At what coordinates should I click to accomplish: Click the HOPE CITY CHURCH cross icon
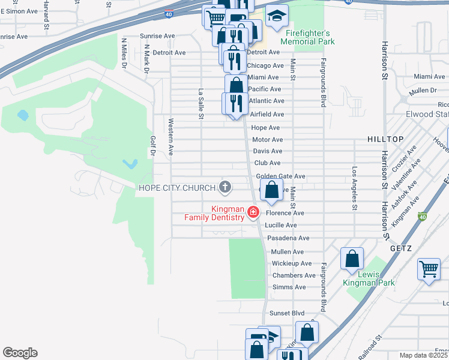point(225,188)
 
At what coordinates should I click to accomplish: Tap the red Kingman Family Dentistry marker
point(253,212)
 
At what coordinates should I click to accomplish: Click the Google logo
point(20,353)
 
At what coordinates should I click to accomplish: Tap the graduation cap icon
point(277,17)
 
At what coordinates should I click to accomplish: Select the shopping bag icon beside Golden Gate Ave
point(271,190)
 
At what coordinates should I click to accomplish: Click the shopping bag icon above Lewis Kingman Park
point(352,259)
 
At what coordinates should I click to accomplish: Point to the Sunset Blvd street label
point(288,313)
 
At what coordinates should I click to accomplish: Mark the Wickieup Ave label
point(291,263)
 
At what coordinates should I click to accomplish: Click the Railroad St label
point(370,346)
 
